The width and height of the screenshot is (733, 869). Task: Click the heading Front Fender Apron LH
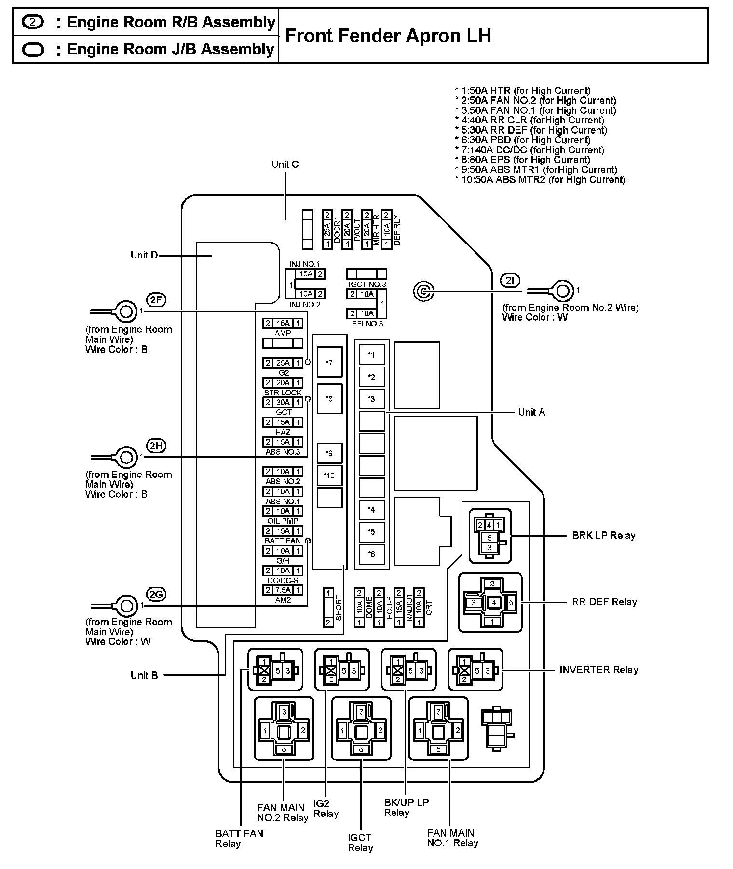(x=388, y=36)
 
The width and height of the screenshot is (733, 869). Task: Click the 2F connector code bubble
(x=156, y=300)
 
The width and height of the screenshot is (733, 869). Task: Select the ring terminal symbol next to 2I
(x=562, y=291)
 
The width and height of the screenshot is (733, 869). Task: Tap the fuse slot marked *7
(x=329, y=362)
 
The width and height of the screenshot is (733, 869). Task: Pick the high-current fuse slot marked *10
(x=329, y=475)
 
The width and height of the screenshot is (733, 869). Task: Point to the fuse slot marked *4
(x=371, y=510)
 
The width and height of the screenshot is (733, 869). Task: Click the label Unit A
(x=531, y=412)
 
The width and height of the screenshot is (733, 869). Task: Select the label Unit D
(x=144, y=255)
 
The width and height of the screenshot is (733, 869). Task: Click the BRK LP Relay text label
(x=604, y=535)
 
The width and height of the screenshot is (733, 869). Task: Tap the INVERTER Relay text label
(x=598, y=670)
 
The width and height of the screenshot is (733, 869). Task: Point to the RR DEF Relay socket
(x=490, y=602)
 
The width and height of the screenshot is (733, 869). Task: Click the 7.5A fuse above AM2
(x=283, y=590)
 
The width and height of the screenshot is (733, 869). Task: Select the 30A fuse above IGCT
(x=283, y=403)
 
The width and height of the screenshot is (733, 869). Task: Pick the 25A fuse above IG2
(x=283, y=363)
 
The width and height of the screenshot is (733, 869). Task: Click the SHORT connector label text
(x=339, y=609)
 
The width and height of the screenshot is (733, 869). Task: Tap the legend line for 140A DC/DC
(x=529, y=150)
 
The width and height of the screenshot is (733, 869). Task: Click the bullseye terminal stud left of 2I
(x=423, y=291)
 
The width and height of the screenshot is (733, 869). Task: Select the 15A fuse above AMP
(x=283, y=324)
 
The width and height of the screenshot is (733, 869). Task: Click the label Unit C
(x=285, y=164)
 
